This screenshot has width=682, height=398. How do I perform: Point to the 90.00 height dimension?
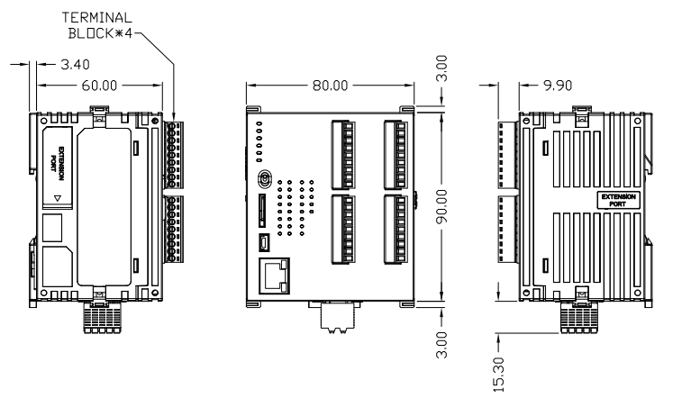tap(441, 206)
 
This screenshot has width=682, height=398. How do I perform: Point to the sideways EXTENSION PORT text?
tap(57, 158)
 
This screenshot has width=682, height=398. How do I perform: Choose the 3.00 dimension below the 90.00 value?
tap(441, 341)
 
